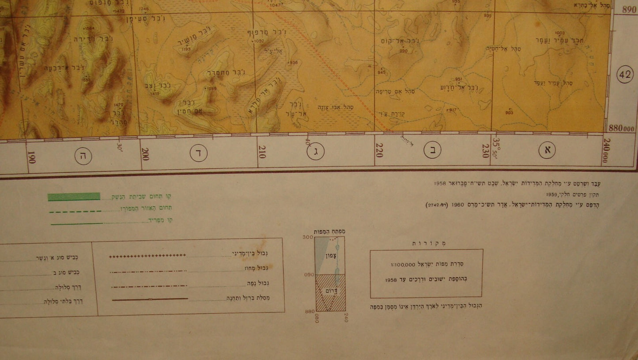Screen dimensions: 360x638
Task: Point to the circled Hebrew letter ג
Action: point(316,152)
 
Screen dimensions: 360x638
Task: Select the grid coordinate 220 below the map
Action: point(379,150)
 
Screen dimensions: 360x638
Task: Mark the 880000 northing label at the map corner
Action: point(622,127)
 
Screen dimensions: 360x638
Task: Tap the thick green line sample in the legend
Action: point(74,197)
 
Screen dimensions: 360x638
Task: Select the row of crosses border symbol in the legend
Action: point(147,255)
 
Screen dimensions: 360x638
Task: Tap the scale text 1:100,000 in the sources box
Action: point(402,265)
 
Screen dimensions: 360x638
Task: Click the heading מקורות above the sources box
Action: point(426,243)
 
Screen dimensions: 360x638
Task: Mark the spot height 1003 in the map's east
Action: point(560,33)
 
